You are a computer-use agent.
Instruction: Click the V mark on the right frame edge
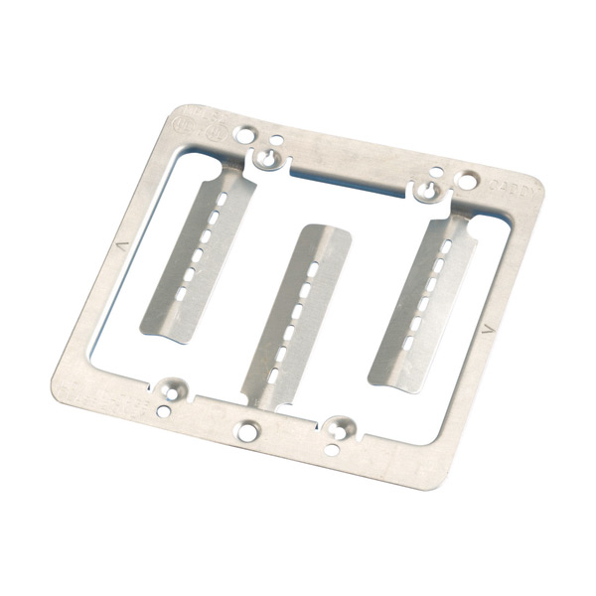click(485, 327)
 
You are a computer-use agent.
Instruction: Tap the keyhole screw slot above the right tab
click(427, 188)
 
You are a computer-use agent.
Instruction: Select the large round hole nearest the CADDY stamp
click(464, 182)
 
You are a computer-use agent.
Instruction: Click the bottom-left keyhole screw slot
click(175, 387)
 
